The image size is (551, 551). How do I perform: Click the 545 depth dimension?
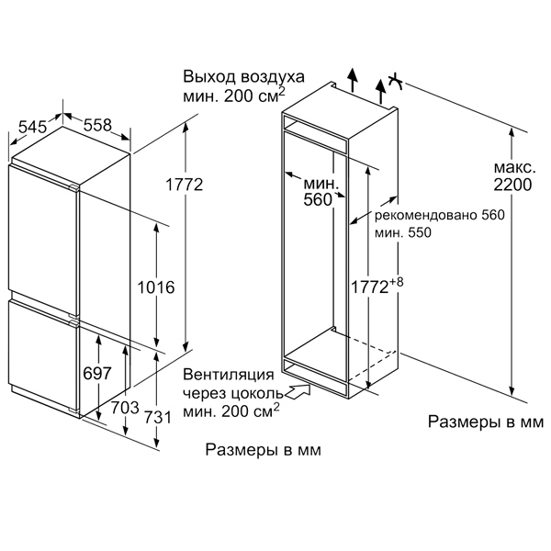(x=32, y=127)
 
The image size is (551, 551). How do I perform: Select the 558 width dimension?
(x=97, y=125)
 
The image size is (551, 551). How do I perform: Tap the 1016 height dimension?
(x=156, y=287)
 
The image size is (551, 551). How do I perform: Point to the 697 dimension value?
(x=97, y=373)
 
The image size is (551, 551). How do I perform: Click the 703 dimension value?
(x=125, y=408)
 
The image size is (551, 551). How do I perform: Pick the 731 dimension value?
(x=157, y=418)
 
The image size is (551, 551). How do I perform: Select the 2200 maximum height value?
(x=512, y=185)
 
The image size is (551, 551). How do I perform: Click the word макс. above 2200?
(x=514, y=168)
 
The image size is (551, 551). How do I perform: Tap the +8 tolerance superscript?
(x=396, y=282)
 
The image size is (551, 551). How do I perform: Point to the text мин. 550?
(x=403, y=232)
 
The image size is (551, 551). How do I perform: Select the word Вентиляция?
(x=228, y=375)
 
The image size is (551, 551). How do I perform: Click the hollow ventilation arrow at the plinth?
(x=298, y=391)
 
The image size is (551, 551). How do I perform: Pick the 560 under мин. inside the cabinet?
(x=318, y=199)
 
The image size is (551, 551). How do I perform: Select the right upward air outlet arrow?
(x=380, y=91)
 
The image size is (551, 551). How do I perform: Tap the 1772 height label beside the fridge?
(x=185, y=185)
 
